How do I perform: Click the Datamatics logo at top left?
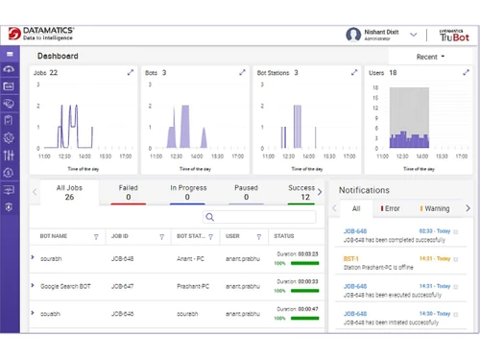pyautogui.click(x=43, y=34)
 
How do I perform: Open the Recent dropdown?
pyautogui.click(x=430, y=57)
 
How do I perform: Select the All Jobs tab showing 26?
pyautogui.click(x=69, y=192)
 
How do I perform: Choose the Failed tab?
pyautogui.click(x=128, y=192)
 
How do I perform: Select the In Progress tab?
pyautogui.click(x=187, y=192)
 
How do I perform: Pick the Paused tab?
pyautogui.click(x=246, y=192)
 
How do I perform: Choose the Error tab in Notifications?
pyautogui.click(x=390, y=208)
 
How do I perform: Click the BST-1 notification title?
pyautogui.click(x=351, y=257)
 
